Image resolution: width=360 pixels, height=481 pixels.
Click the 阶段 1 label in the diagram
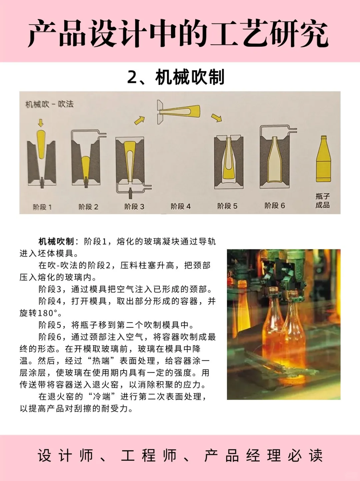click(x=42, y=207)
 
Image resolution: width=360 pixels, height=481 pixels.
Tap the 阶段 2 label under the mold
click(x=88, y=207)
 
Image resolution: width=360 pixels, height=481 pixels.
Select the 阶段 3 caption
click(x=134, y=207)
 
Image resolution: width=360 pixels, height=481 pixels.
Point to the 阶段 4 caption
click(x=181, y=206)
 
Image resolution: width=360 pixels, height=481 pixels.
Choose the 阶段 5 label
click(x=227, y=206)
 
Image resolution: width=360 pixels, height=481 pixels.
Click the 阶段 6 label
click(x=275, y=206)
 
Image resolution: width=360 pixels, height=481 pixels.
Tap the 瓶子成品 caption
click(x=323, y=201)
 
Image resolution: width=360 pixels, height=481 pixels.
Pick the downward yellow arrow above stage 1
click(x=41, y=123)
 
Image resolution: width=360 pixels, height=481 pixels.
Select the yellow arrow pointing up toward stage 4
click(x=140, y=120)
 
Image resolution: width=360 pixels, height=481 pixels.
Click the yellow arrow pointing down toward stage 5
click(x=217, y=117)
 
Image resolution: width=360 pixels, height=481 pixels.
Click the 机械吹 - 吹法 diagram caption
click(x=50, y=104)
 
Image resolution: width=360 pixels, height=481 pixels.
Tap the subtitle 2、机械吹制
click(x=176, y=77)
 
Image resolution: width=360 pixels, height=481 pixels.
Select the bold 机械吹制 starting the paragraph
click(x=56, y=241)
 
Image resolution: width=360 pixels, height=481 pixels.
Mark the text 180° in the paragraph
click(x=49, y=313)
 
